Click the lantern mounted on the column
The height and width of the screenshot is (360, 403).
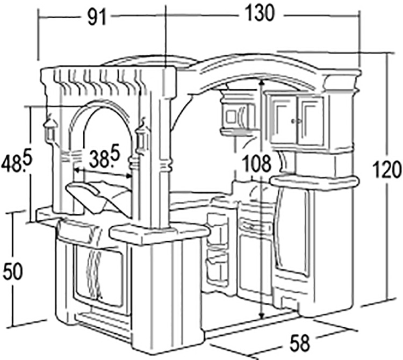tap(142, 138)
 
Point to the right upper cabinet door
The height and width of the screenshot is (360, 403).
tap(312, 121)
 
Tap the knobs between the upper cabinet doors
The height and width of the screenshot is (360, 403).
tap(297, 121)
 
